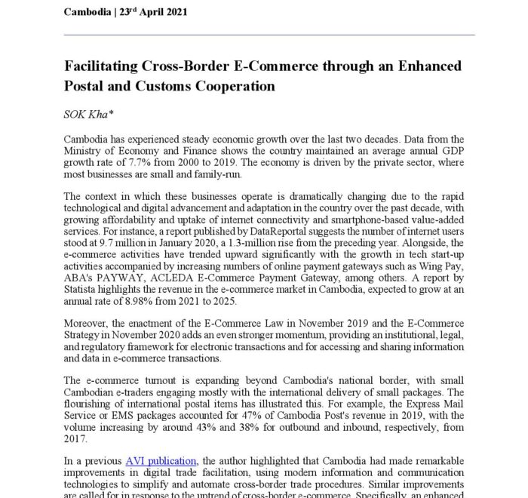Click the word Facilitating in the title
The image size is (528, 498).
105,66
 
